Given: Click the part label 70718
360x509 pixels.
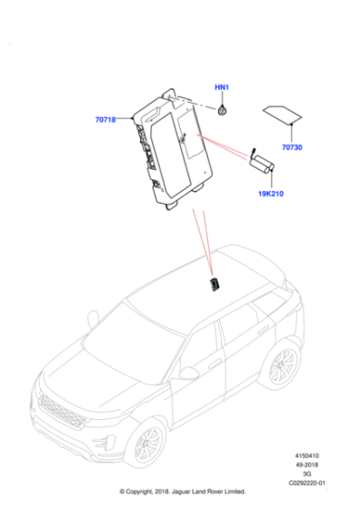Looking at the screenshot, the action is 105,120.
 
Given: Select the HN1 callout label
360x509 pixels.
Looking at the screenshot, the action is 222,87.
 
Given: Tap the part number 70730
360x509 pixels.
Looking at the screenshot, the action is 292,147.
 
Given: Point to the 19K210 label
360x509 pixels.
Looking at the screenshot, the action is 271,194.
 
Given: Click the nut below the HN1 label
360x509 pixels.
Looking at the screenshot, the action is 222,111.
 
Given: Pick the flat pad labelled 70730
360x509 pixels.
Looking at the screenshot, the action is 282,115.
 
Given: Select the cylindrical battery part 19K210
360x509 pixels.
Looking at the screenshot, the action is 262,163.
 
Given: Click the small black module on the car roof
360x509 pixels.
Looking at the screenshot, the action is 215,284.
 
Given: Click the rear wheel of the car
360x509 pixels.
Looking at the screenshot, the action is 282,365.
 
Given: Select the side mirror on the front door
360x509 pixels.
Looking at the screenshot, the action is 188,374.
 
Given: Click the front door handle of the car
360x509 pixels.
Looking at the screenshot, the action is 215,364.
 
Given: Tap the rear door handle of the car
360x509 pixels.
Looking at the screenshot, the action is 264,330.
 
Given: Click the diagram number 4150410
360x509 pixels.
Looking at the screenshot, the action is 306,455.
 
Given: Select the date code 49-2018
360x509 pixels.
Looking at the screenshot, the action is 306,464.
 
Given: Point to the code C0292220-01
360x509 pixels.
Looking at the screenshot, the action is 306,483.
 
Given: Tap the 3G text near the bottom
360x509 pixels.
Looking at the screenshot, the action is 306,474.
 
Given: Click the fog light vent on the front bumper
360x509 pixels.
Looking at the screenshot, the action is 104,444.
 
